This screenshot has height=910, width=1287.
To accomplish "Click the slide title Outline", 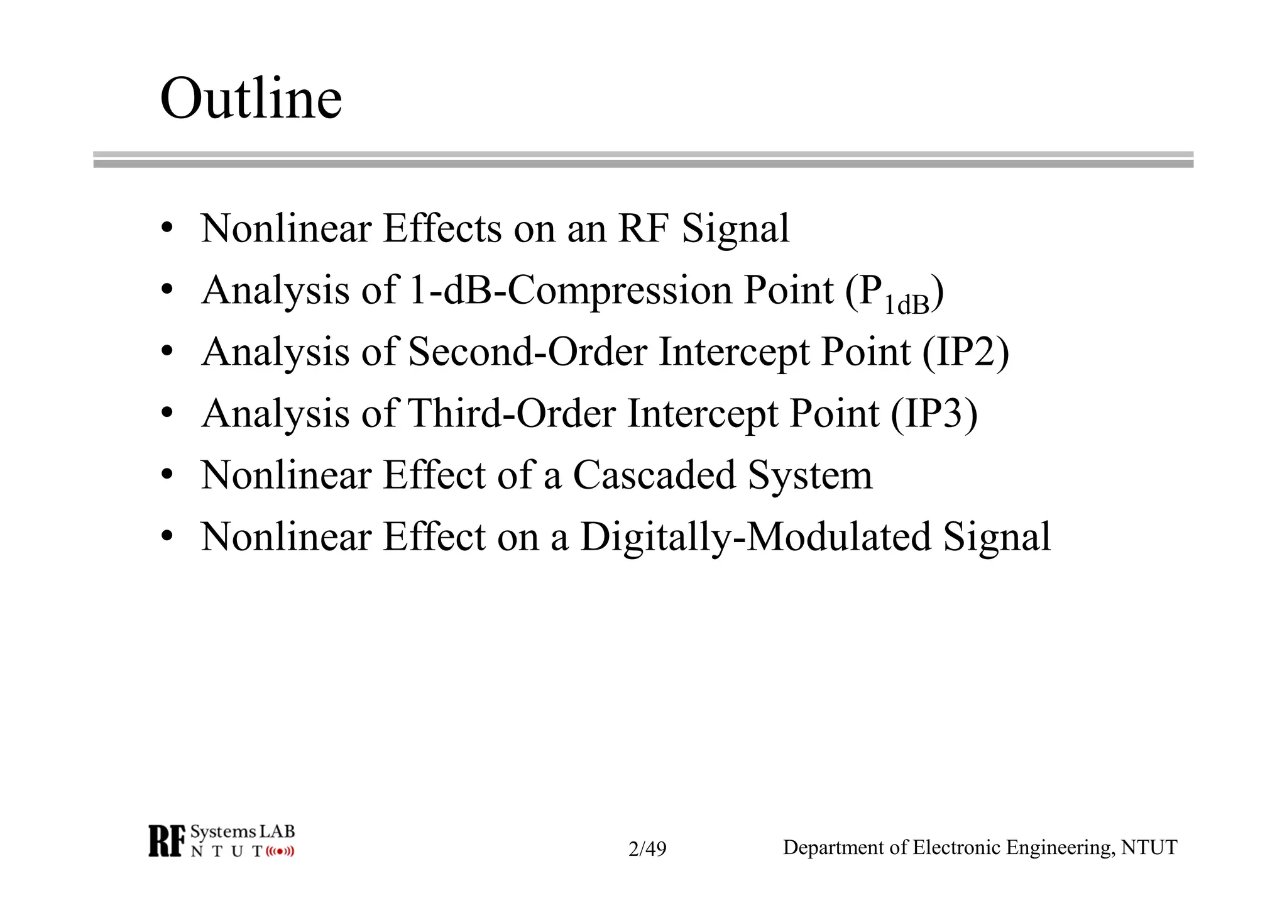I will pos(251,99).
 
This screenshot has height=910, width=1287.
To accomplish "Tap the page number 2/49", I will pos(647,849).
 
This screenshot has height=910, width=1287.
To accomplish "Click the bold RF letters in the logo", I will pos(167,841).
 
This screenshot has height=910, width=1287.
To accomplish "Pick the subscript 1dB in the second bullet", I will pos(907,306).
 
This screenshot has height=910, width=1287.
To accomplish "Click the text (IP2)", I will pos(966,352).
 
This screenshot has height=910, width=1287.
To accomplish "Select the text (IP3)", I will pos(934,413).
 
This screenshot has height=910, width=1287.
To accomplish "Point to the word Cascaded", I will pos(654,475).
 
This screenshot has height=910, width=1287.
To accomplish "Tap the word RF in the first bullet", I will pos(643,228).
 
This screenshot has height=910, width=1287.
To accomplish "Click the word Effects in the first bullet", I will pos(442,228).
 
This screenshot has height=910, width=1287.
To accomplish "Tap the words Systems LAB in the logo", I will pos(243,832).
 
